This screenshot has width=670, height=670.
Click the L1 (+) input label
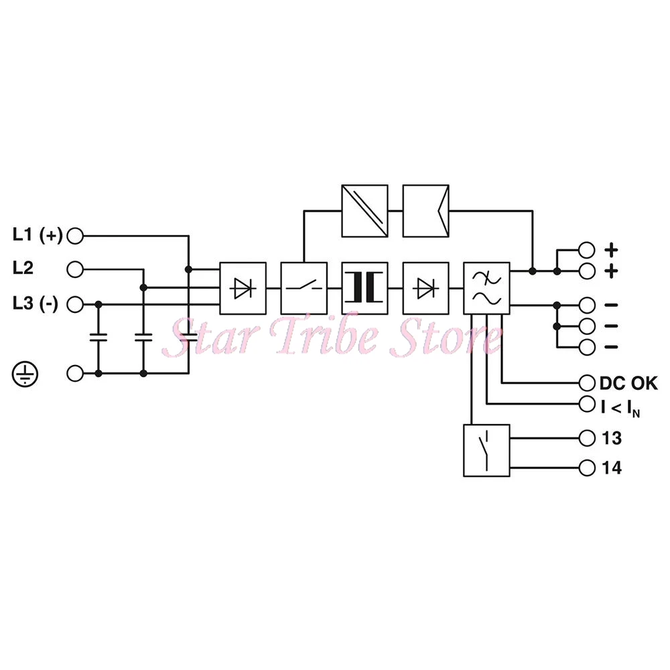coord(38,235)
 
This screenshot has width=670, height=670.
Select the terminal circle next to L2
coord(76,269)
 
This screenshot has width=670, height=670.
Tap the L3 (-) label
coord(36,304)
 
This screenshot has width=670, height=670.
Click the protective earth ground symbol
coord(24,373)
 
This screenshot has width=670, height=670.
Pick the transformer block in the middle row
coord(364,287)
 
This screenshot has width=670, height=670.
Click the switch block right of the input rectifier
coord(304,287)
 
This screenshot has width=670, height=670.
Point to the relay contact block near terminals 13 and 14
coord(486,450)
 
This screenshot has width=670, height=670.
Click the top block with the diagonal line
coord(364,210)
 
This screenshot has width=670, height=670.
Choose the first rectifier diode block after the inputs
coord(243,287)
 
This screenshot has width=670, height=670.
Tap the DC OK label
coord(628,383)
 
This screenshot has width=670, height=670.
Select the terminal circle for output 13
coord(587,438)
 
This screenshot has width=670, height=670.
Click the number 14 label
coord(612,468)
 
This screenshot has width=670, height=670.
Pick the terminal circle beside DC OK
coord(587,383)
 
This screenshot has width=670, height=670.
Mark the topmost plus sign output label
coord(611,250)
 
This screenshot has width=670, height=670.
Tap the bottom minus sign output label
coord(611,348)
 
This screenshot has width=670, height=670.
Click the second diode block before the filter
coord(425,287)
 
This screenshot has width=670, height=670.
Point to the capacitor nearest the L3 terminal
coord(99,338)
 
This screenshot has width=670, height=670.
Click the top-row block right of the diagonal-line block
coord(425,210)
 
